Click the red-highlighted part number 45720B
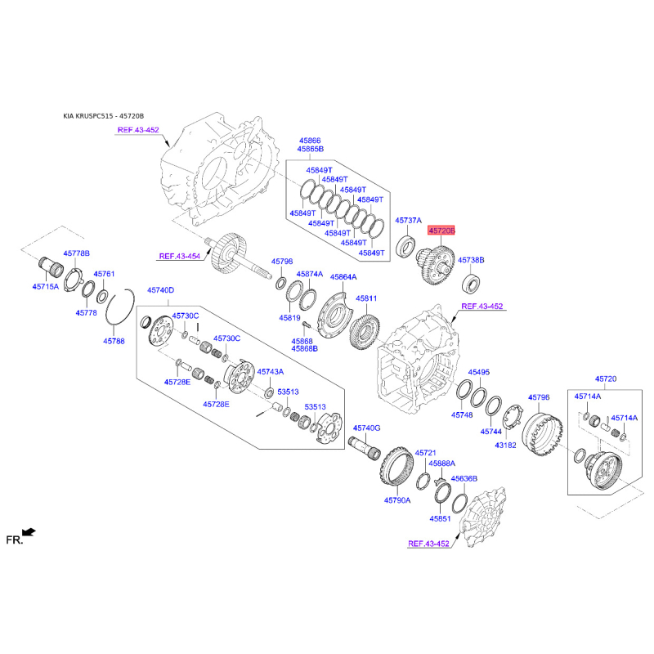441,231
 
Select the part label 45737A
408,220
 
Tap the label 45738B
471,260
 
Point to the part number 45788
114,341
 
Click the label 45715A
46,287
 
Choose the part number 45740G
366,428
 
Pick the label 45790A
397,500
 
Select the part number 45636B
464,478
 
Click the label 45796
539,397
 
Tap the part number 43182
505,445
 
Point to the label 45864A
343,276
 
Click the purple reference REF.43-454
180,256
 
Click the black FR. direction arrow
29,532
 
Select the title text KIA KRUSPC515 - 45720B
104,116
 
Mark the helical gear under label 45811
364,332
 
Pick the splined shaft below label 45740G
365,447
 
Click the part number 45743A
271,371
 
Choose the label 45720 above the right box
606,379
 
